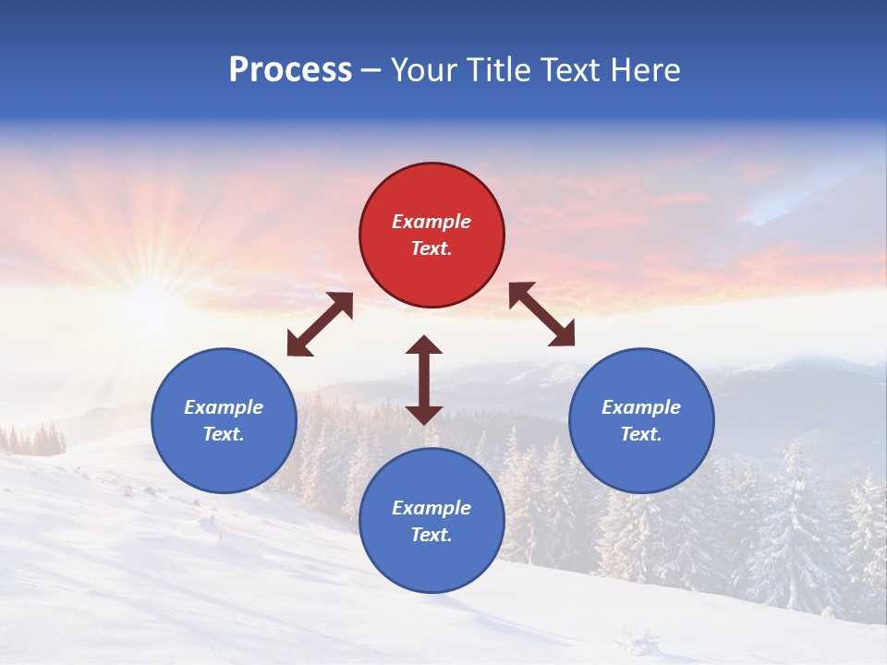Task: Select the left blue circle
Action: coord(224,420)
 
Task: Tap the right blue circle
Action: coord(641,420)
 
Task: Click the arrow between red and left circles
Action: coord(320,324)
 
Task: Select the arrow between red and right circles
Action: coord(541,314)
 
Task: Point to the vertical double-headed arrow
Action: coord(424,380)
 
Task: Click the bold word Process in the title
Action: coord(290,69)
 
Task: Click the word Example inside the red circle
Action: coord(431,222)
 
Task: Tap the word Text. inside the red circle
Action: coord(431,248)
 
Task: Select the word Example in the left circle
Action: coord(224,407)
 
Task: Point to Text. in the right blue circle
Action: coord(641,434)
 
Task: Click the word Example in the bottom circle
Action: coord(431,508)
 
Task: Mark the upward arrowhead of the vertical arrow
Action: coord(424,345)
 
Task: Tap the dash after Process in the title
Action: coord(371,70)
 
